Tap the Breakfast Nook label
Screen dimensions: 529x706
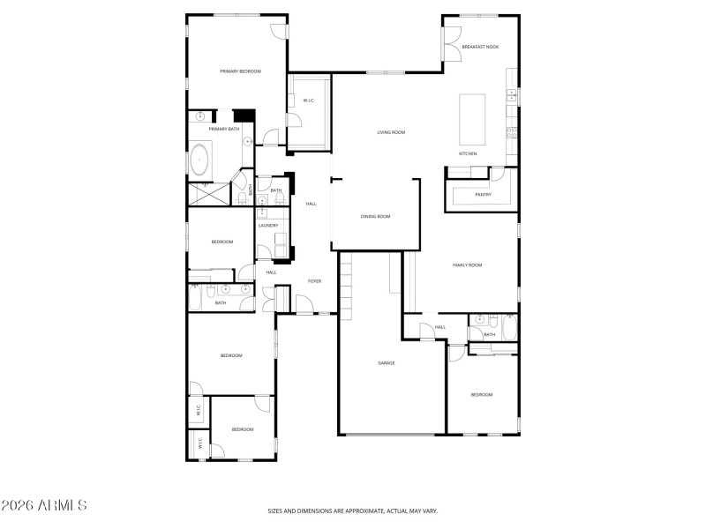(x=479, y=46)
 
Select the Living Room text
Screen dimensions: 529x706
(x=391, y=132)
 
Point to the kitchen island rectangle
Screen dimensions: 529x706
(x=472, y=119)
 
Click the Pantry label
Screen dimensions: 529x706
(x=483, y=194)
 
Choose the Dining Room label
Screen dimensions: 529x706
(x=375, y=216)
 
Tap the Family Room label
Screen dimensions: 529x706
(x=468, y=264)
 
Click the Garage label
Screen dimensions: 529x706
(x=386, y=362)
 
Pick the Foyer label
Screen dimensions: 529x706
(x=314, y=280)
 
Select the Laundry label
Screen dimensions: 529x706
(x=268, y=225)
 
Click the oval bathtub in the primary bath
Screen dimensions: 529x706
(x=199, y=162)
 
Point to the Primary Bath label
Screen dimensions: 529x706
(x=223, y=129)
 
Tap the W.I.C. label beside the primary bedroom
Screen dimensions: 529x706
(x=308, y=101)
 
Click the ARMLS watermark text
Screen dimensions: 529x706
(x=44, y=506)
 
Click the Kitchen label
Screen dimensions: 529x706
(x=468, y=153)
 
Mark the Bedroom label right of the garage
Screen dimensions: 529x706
(x=481, y=394)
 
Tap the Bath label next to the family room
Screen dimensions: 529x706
(x=489, y=334)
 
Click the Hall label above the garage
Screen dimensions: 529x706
(x=439, y=327)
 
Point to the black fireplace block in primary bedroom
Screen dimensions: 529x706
(x=244, y=115)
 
